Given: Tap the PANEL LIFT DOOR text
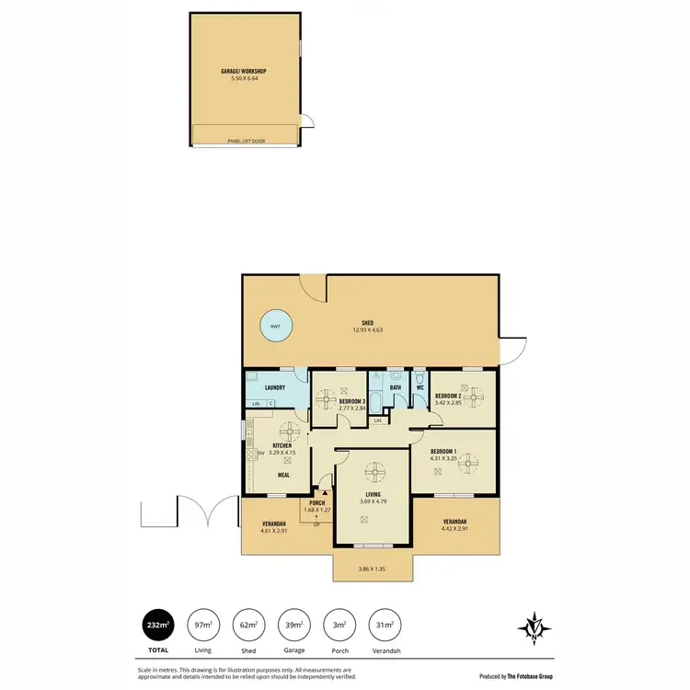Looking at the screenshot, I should [x=246, y=141].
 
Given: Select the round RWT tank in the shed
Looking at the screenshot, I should [x=275, y=326].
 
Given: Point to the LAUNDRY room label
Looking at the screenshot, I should [x=275, y=387].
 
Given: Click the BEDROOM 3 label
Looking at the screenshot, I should [x=353, y=402].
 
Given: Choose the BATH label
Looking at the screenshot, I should [x=396, y=387].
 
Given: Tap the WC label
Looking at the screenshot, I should [x=419, y=387].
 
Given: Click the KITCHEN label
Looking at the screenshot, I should [x=281, y=446].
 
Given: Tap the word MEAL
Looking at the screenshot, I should [x=284, y=476].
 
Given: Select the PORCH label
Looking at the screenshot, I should [x=317, y=502].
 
